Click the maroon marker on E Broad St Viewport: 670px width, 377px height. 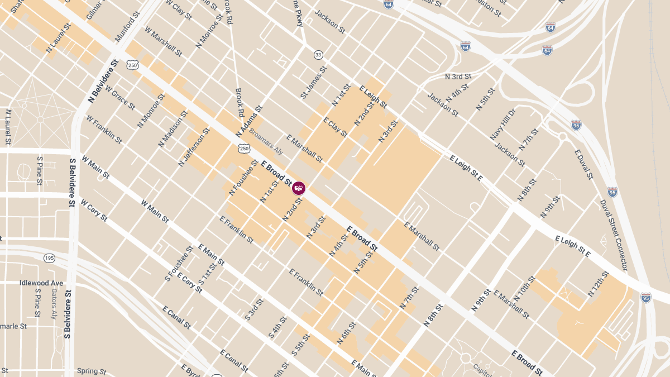coord(299,188)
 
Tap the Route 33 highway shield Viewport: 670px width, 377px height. coord(318,55)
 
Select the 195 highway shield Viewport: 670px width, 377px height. coord(50,257)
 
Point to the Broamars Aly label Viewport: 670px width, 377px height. coord(266,142)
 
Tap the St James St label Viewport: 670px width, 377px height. coord(313,83)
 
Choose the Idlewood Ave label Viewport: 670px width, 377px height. coord(41,283)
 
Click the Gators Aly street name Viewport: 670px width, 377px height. coord(54,304)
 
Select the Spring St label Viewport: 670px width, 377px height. coord(92,371)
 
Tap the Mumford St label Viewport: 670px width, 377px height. coord(127,30)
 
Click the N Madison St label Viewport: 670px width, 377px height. coord(174,128)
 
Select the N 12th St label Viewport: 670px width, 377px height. coord(599,283)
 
